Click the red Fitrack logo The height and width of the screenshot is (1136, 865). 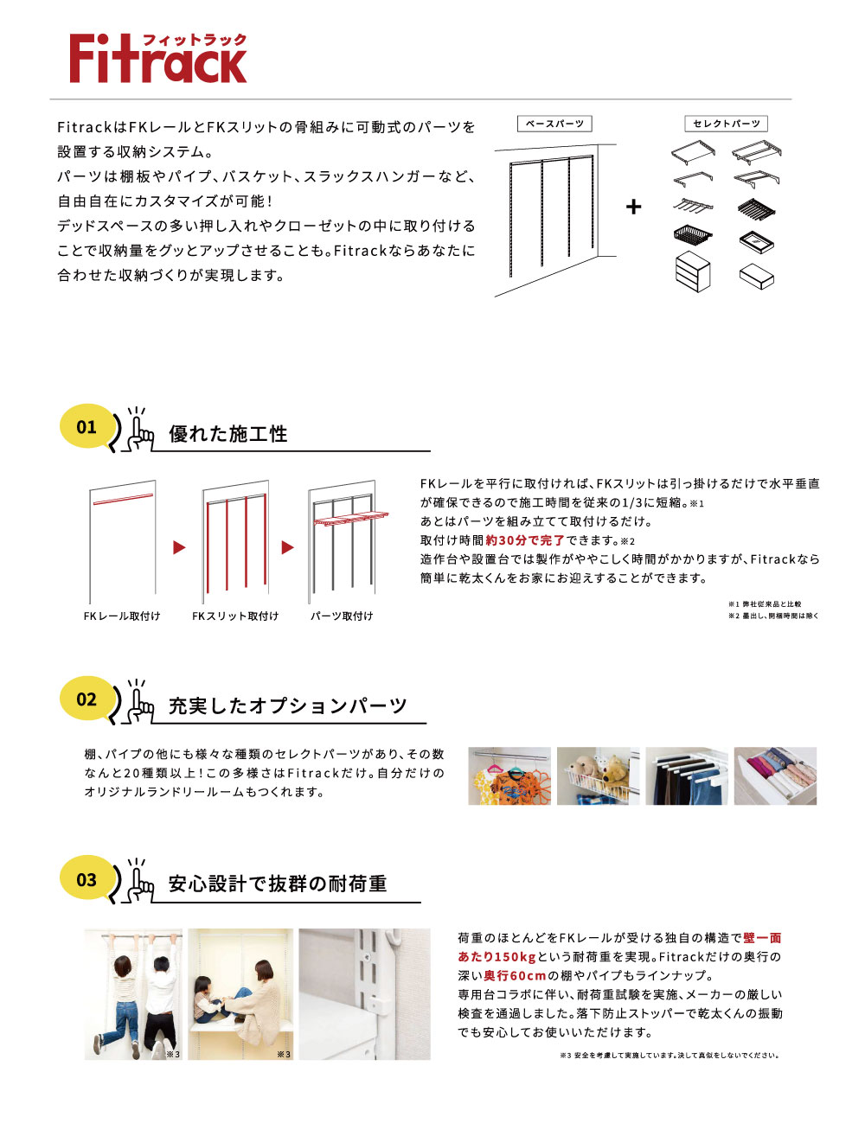(157, 59)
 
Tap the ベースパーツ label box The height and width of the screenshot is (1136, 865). (554, 124)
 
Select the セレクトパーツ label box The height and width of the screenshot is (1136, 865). (726, 124)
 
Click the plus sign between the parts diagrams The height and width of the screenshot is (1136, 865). (634, 207)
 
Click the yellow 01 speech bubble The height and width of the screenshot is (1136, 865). (87, 426)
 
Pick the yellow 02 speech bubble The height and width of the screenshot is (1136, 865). (87, 699)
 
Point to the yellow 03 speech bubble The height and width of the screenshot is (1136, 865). (87, 879)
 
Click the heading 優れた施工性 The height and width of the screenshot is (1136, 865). (228, 434)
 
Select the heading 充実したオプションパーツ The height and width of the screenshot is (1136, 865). (287, 705)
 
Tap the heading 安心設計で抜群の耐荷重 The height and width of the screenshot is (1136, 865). (278, 884)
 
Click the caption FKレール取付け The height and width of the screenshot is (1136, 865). (122, 616)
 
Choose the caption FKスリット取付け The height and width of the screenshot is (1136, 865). (235, 616)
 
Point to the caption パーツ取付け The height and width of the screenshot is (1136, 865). (342, 616)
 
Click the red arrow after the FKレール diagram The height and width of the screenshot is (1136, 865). (179, 547)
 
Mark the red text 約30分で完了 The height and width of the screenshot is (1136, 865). (525, 540)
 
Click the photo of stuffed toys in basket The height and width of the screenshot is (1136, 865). (598, 776)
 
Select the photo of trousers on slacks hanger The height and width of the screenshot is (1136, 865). (687, 776)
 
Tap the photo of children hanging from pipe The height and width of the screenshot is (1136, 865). (133, 994)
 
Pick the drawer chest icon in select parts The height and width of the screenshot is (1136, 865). (692, 271)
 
